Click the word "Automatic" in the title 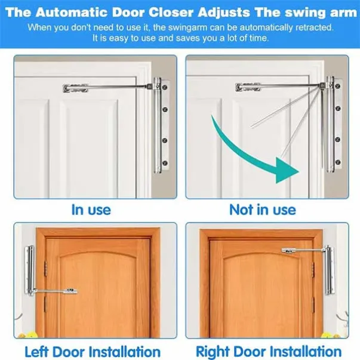(72, 12)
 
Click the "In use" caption (91, 210)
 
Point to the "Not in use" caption (263, 210)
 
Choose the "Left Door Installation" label (93, 352)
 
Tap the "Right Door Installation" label (269, 352)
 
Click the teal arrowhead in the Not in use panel (287, 171)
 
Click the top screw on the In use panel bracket (165, 88)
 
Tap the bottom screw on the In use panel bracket (165, 163)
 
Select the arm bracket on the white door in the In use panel (75, 88)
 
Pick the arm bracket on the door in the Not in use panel (248, 87)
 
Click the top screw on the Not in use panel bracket (337, 87)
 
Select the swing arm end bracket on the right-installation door (288, 251)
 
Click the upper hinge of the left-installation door (45, 267)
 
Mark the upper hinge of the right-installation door (313, 269)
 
